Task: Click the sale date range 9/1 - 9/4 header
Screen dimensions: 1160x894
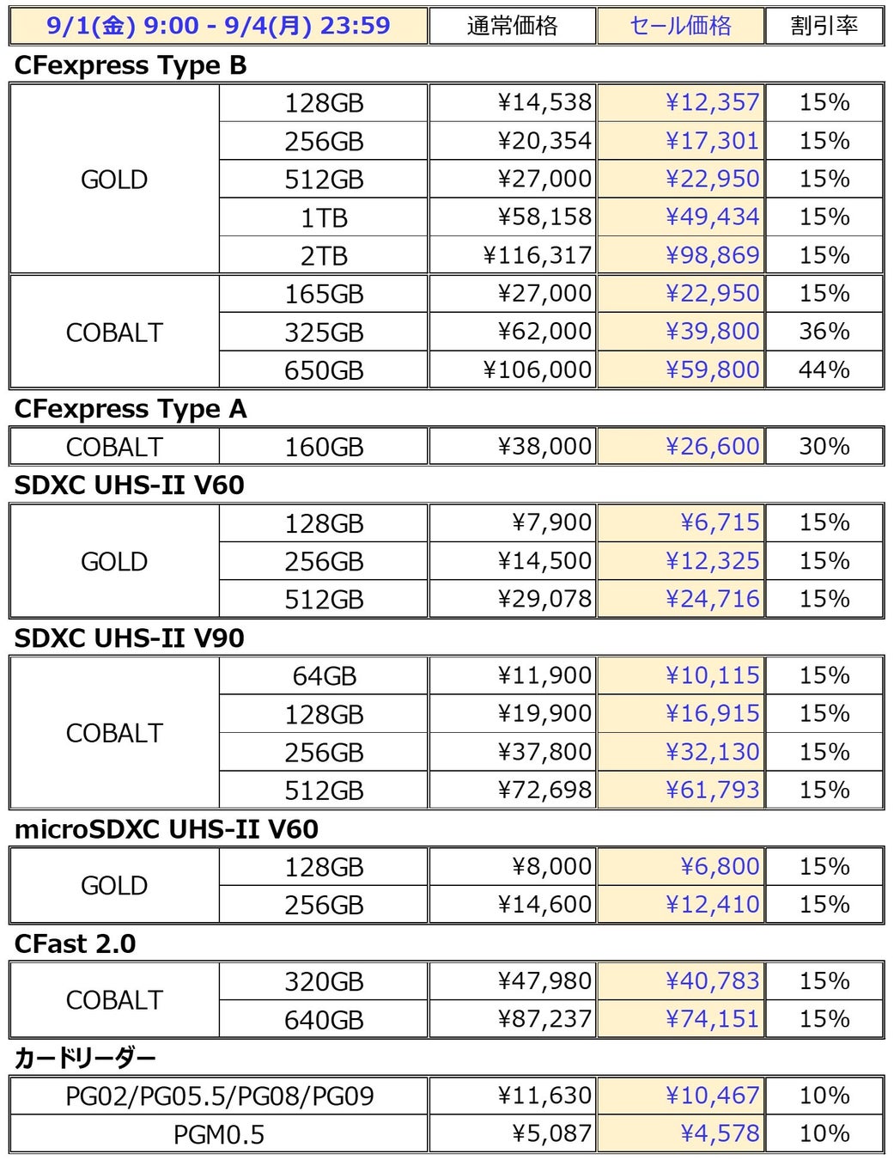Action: click(x=218, y=26)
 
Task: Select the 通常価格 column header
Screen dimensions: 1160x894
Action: click(x=512, y=26)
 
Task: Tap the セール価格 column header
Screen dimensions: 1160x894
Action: click(x=680, y=26)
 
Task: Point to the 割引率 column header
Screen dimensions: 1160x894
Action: click(x=824, y=26)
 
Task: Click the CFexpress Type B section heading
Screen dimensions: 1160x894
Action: click(x=131, y=65)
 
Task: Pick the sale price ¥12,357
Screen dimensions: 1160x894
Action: click(x=712, y=102)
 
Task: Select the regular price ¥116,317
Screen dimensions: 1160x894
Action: click(x=537, y=255)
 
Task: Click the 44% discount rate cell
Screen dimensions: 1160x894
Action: click(x=824, y=369)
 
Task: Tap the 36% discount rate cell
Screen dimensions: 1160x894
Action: click(x=824, y=332)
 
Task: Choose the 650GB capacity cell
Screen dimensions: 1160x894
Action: click(x=324, y=370)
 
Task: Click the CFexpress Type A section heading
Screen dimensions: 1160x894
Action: click(x=131, y=409)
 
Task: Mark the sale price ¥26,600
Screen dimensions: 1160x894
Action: click(x=712, y=446)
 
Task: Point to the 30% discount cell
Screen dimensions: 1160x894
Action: click(x=824, y=446)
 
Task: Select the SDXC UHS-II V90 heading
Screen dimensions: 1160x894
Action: click(x=130, y=638)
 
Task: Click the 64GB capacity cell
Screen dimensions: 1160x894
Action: click(x=324, y=676)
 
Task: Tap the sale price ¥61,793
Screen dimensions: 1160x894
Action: click(x=712, y=790)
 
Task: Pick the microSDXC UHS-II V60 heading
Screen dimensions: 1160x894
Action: click(x=167, y=829)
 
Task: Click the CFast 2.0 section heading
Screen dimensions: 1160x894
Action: click(x=76, y=943)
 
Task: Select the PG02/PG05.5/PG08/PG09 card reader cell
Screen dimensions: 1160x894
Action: click(x=219, y=1096)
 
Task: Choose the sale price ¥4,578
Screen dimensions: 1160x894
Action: click(x=720, y=1133)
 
